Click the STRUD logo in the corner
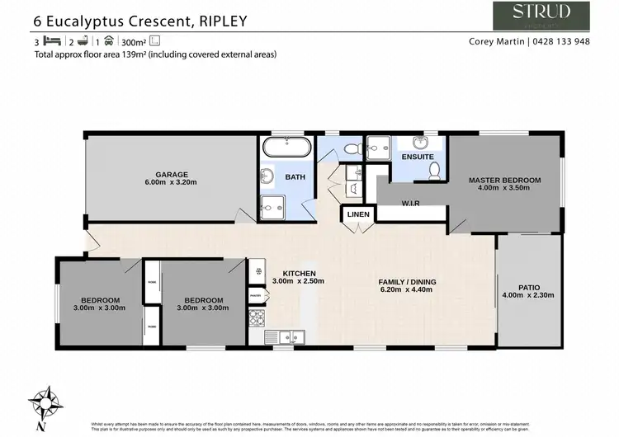[541, 16]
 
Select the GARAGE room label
[172, 174]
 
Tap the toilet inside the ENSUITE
[434, 170]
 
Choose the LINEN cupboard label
[358, 214]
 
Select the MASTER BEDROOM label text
[504, 180]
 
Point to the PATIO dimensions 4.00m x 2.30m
[527, 295]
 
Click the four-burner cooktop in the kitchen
[257, 317]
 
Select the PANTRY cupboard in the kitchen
[255, 294]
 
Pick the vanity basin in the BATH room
[267, 176]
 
